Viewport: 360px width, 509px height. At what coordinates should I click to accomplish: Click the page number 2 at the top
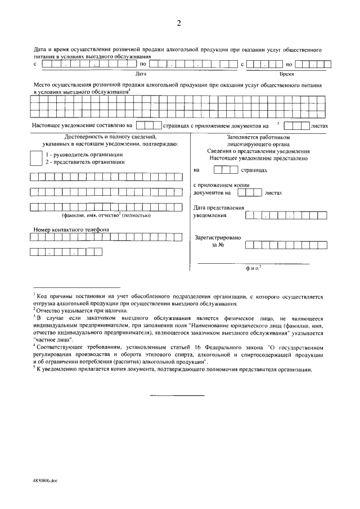179,23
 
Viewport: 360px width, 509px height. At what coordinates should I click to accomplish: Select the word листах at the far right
318,126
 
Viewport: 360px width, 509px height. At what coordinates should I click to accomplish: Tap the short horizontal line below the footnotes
177,396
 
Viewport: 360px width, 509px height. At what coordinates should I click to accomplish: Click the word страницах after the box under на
254,169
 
